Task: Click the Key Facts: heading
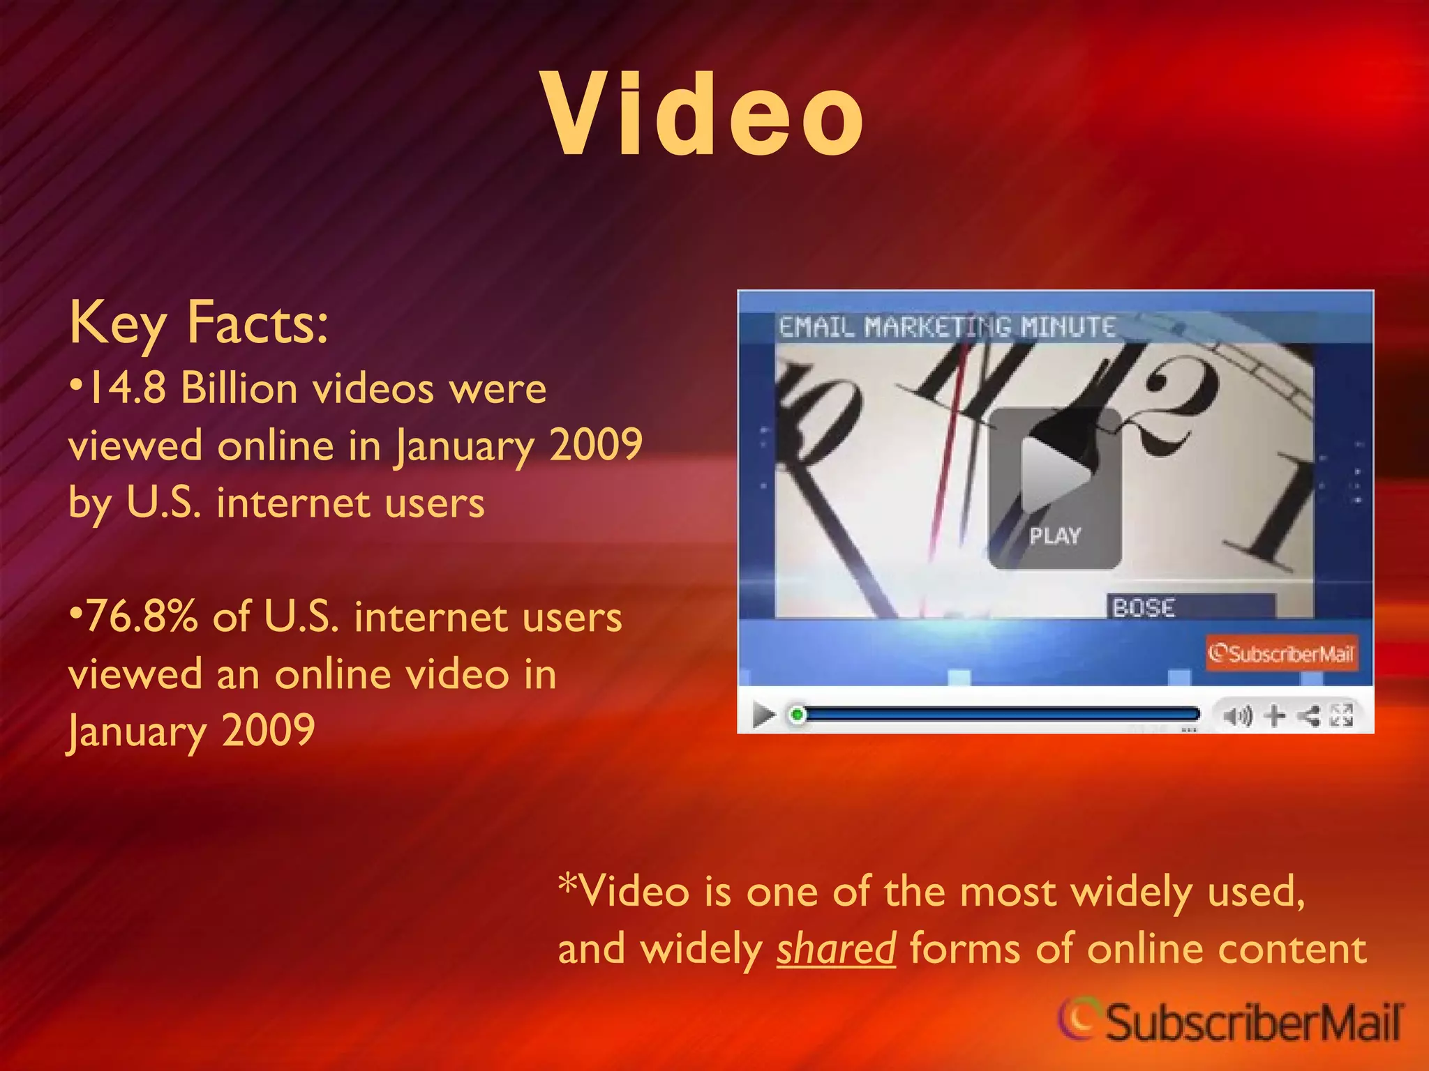pos(198,324)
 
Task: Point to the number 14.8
pos(126,388)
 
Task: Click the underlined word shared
pos(836,949)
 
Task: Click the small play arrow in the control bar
pos(764,715)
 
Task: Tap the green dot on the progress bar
pos(797,715)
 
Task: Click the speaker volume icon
pos(1238,715)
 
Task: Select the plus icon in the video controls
pos(1274,715)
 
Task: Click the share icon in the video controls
pos(1309,715)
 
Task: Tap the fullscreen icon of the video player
pos(1341,715)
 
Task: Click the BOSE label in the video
pos(1144,608)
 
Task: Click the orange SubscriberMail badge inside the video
pos(1281,653)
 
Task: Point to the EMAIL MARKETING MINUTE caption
pos(947,327)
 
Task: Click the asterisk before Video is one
pos(568,884)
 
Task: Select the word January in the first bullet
pos(464,446)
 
